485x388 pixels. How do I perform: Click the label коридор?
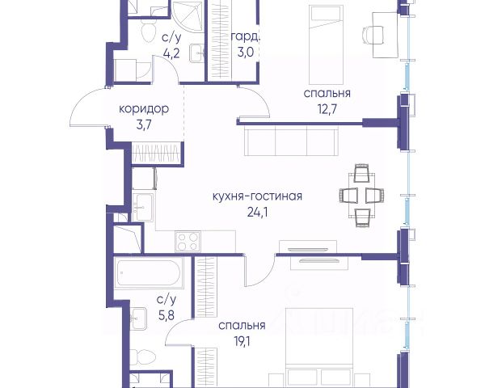click(144, 109)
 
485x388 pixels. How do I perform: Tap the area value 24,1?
click(257, 212)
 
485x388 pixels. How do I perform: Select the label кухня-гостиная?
click(257, 196)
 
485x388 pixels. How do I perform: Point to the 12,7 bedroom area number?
click(327, 108)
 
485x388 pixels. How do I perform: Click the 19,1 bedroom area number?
click(242, 341)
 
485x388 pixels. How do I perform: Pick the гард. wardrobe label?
click(245, 37)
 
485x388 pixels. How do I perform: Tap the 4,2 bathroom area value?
click(171, 53)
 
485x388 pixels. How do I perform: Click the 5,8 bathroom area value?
click(167, 315)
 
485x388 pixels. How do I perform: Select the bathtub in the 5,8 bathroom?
click(149, 273)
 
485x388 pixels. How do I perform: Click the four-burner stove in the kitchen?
click(188, 242)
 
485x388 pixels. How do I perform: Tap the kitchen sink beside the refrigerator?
click(142, 207)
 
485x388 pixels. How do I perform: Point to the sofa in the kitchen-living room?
click(291, 141)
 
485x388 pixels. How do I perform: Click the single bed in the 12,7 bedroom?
click(326, 45)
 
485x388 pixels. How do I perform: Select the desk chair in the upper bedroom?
click(373, 34)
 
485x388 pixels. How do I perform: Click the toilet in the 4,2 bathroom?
click(149, 31)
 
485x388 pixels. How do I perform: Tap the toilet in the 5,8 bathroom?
click(142, 357)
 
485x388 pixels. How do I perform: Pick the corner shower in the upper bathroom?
click(188, 16)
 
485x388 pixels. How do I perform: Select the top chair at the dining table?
click(361, 173)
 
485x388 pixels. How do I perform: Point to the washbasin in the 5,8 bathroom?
click(138, 318)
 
